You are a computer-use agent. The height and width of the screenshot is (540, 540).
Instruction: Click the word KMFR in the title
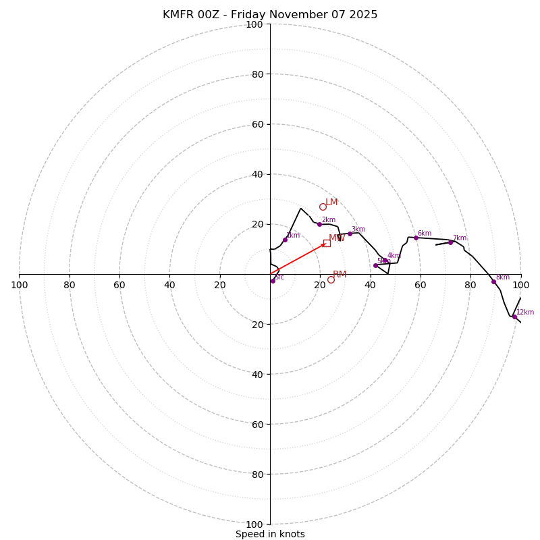pyautogui.click(x=179, y=15)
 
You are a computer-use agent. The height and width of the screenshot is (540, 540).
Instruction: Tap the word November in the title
pyautogui.click(x=277, y=15)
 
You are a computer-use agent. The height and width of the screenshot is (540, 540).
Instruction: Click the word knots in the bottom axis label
pyautogui.click(x=291, y=534)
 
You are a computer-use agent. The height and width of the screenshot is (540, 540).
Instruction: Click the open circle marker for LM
pyautogui.click(x=323, y=207)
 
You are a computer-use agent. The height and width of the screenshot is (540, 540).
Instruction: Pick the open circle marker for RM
pyautogui.click(x=331, y=279)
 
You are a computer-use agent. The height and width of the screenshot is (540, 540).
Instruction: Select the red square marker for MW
pyautogui.click(x=327, y=243)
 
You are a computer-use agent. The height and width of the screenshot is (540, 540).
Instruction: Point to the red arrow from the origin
pyautogui.click(x=297, y=259)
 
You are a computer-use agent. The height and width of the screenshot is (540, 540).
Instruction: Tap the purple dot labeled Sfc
pyautogui.click(x=273, y=281)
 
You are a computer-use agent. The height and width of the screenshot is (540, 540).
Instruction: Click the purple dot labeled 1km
pyautogui.click(x=285, y=240)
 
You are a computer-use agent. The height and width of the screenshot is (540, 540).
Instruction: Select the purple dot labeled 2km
pyautogui.click(x=319, y=224)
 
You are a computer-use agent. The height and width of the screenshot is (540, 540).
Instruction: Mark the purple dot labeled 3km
pyautogui.click(x=350, y=234)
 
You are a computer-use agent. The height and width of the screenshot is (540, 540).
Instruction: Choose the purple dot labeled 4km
pyautogui.click(x=385, y=261)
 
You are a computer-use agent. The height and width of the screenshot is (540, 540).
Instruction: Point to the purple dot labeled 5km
pyautogui.click(x=375, y=265)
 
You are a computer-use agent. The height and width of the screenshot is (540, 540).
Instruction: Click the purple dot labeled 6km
pyautogui.click(x=416, y=238)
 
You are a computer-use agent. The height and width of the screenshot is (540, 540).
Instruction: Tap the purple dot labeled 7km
pyautogui.click(x=450, y=242)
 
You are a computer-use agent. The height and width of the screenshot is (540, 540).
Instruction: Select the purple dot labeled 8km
pyautogui.click(x=493, y=281)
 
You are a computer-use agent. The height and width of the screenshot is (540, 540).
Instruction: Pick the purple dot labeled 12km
pyautogui.click(x=514, y=317)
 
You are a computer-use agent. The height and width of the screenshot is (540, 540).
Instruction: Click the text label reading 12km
pyautogui.click(x=525, y=313)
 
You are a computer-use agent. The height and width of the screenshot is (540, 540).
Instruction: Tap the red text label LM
pyautogui.click(x=331, y=202)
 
